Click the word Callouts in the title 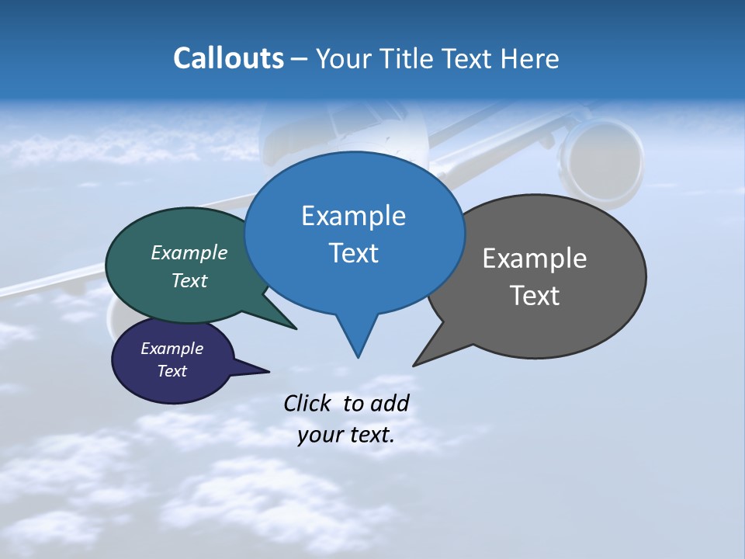pos(228,58)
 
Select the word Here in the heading pos(530,59)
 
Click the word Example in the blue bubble pos(353,216)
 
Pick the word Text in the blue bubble pos(353,253)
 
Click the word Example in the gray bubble pos(535,259)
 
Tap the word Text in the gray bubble pos(535,296)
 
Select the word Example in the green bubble pos(189,253)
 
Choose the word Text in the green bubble pos(189,281)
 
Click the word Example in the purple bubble pos(172,349)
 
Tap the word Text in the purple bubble pos(172,371)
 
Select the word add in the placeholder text pos(390,403)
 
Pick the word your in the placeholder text pos(317,435)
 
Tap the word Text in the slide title pos(466,59)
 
